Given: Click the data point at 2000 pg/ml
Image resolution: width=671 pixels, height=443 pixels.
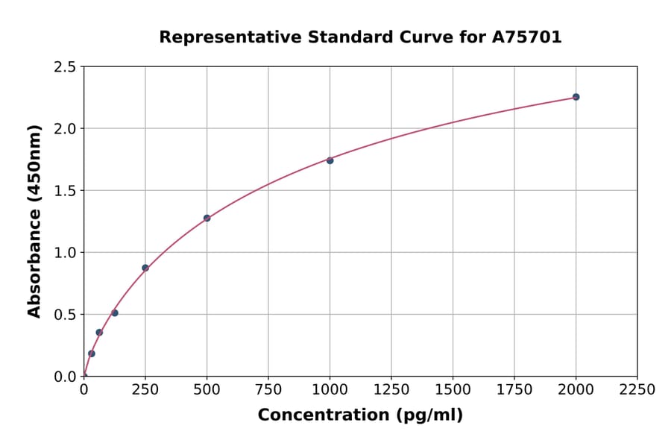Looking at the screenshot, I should pyautogui.click(x=576, y=97).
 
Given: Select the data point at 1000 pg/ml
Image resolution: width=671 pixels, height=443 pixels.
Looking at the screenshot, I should pyautogui.click(x=330, y=160).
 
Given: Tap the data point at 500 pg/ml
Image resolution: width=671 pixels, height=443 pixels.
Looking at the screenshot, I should pyautogui.click(x=207, y=219).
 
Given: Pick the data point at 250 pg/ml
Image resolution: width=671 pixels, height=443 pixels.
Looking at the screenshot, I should pyautogui.click(x=145, y=268).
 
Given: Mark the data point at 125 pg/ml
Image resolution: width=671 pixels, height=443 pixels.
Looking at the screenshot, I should pyautogui.click(x=115, y=313).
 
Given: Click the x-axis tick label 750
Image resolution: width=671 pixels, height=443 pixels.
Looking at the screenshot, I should pyautogui.click(x=268, y=390).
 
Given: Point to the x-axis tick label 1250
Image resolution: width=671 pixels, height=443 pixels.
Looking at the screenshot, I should pyautogui.click(x=391, y=390).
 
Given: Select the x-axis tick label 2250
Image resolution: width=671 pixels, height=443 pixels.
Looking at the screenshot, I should pyautogui.click(x=637, y=390).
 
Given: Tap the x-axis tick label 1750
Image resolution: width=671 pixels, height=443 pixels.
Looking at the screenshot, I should pyautogui.click(x=514, y=390).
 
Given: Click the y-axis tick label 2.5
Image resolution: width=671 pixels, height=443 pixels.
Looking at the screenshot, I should pyautogui.click(x=66, y=67).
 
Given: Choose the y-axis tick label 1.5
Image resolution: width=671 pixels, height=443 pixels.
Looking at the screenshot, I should pyautogui.click(x=66, y=191).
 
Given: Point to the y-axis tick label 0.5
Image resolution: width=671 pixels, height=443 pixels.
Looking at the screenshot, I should pyautogui.click(x=66, y=315).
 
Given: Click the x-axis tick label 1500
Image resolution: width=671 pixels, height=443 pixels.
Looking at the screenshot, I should pyautogui.click(x=453, y=390).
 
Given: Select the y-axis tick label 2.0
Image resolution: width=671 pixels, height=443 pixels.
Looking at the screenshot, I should pyautogui.click(x=66, y=129).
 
